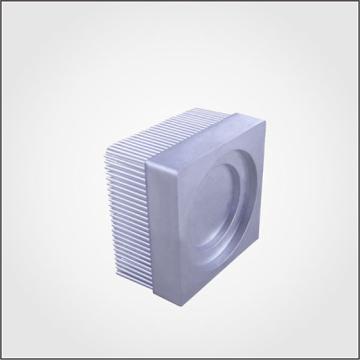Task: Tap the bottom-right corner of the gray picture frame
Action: pyautogui.click(x=356, y=356)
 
